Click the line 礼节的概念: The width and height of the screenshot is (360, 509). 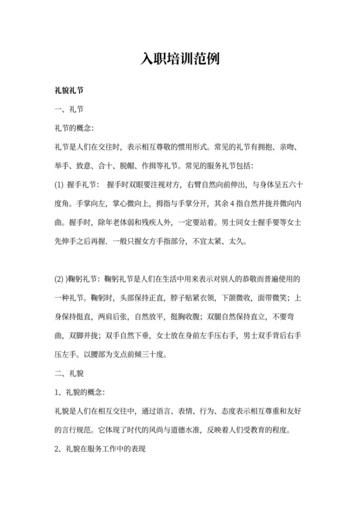[x=75, y=129]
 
